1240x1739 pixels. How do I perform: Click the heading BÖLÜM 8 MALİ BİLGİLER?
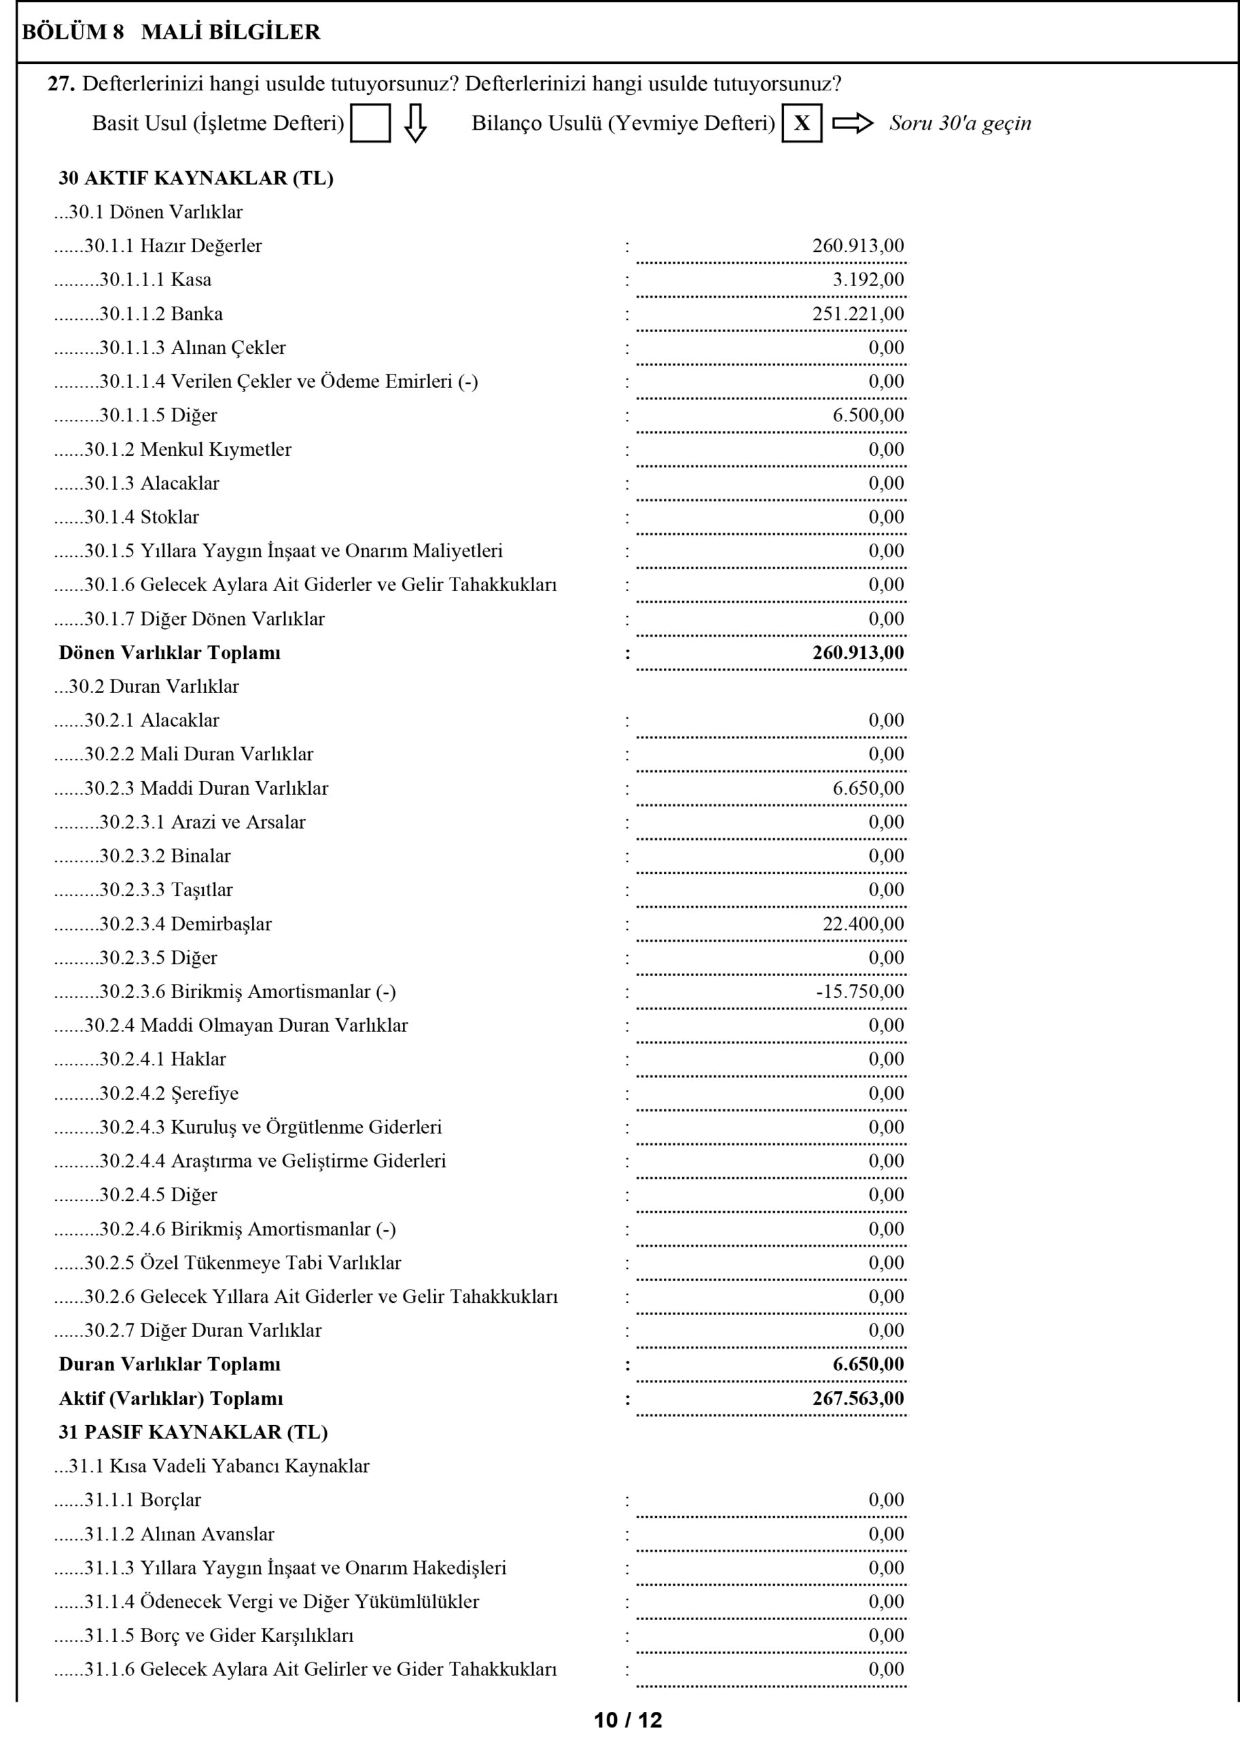click(x=171, y=32)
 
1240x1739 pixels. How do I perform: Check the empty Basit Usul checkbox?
click(x=370, y=124)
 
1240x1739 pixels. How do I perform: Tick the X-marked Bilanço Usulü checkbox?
click(x=802, y=124)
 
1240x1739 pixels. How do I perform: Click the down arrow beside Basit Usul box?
click(x=415, y=124)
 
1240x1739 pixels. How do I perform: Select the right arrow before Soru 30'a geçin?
click(x=852, y=124)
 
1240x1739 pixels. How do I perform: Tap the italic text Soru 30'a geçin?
click(x=960, y=124)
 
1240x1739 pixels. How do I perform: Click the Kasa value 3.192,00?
click(x=868, y=279)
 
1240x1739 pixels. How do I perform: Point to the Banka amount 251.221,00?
click(x=858, y=314)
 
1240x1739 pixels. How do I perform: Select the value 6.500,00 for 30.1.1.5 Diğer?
click(x=868, y=415)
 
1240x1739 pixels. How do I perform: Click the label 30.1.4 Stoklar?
click(x=141, y=517)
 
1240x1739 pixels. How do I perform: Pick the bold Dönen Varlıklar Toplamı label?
click(x=169, y=653)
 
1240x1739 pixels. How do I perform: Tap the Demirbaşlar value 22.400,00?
click(x=863, y=924)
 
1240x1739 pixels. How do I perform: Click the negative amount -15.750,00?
click(x=860, y=992)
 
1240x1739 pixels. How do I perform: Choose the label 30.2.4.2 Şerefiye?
click(x=168, y=1093)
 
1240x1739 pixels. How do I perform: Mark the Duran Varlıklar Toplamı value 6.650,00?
click(x=868, y=1364)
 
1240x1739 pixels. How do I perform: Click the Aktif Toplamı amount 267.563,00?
click(x=858, y=1399)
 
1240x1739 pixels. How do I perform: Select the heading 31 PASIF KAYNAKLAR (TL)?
click(x=193, y=1432)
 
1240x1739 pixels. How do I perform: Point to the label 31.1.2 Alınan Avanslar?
click(x=179, y=1534)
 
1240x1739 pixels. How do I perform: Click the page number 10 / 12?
click(x=628, y=1720)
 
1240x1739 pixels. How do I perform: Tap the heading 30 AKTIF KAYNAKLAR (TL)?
click(x=196, y=178)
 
